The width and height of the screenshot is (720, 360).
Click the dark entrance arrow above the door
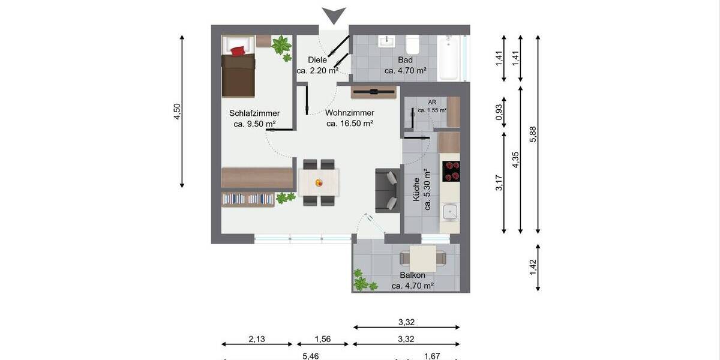[334, 15]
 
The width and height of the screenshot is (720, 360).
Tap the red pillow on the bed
[238, 50]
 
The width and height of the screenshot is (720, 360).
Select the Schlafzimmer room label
[254, 113]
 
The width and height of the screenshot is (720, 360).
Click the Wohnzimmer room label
[350, 113]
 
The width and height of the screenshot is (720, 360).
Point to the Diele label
[317, 60]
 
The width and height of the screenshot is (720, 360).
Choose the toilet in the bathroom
[412, 44]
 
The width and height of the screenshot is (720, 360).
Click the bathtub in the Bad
[449, 58]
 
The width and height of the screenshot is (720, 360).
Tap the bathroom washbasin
[387, 41]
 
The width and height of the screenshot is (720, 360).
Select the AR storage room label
[431, 103]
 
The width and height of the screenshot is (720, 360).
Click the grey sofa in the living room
[387, 190]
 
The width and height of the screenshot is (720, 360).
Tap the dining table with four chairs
[319, 182]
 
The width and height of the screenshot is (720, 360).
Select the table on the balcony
[423, 259]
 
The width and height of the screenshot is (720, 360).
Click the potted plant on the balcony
[362, 281]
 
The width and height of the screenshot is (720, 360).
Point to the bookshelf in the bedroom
[248, 199]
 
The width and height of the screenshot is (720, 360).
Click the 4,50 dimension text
[177, 112]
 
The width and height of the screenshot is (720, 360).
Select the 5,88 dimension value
[533, 134]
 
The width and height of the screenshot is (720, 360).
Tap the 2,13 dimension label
[256, 338]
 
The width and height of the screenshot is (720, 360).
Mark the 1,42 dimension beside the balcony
[533, 268]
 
